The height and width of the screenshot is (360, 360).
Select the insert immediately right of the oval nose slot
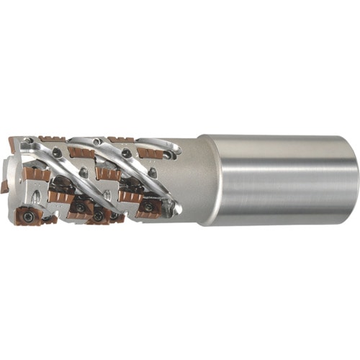[x=60, y=197]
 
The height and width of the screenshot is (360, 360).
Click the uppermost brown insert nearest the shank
[x=150, y=153]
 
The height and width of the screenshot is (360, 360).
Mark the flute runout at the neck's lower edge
[x=176, y=210]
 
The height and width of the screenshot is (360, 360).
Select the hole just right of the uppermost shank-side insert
[x=168, y=154]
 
